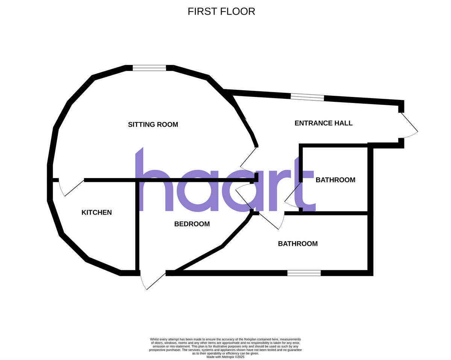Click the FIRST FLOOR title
click(221, 12)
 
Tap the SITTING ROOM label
click(153, 124)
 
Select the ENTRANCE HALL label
click(323, 123)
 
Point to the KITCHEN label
click(97, 212)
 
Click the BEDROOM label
click(192, 224)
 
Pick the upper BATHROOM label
click(336, 180)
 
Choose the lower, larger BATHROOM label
click(298, 244)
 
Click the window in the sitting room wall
click(150, 68)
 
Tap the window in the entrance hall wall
click(307, 97)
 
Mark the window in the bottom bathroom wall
click(304, 273)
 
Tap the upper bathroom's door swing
click(292, 195)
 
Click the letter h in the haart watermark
click(154, 179)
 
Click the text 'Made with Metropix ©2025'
click(225, 357)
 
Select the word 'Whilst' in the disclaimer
click(154, 339)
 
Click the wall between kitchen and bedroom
click(137, 226)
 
